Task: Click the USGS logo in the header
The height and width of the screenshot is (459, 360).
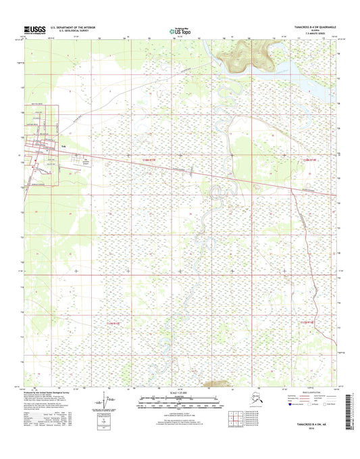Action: pyautogui.click(x=35, y=29)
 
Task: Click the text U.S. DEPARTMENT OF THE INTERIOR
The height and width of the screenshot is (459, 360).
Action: pyautogui.click(x=74, y=27)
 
